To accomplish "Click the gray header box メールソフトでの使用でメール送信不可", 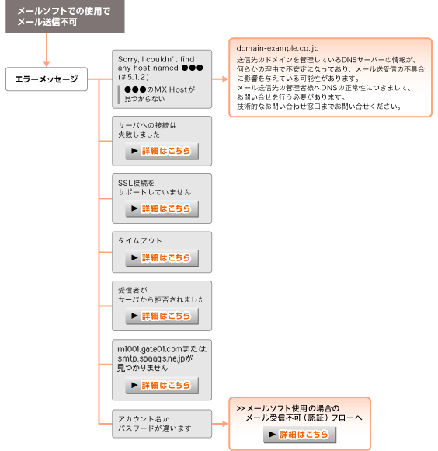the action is [x=65, y=16].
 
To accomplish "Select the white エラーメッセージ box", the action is [x=47, y=79].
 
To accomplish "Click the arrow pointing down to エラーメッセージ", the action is [x=47, y=50].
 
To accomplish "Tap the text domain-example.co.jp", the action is [x=277, y=48].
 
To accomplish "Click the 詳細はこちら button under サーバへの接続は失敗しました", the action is [x=162, y=151].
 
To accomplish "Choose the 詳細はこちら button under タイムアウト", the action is [x=162, y=257].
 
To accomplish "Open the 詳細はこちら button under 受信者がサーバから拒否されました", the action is [x=162, y=316].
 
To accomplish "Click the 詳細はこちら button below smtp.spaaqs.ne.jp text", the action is [x=162, y=385].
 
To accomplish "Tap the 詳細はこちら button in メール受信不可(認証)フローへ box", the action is [x=300, y=435].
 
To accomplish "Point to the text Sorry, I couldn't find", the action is [x=156, y=59].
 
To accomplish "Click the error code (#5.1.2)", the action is [x=134, y=77].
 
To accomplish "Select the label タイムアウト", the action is [x=140, y=241].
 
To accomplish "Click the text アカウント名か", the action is [x=144, y=419].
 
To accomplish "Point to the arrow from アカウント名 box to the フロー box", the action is [x=220, y=423].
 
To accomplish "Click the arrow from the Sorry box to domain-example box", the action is [x=220, y=79].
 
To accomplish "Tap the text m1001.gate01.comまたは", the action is [x=162, y=349].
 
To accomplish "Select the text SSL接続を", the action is [x=136, y=183].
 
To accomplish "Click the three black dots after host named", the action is [x=193, y=68].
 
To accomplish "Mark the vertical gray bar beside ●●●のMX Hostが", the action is [x=119, y=94].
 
